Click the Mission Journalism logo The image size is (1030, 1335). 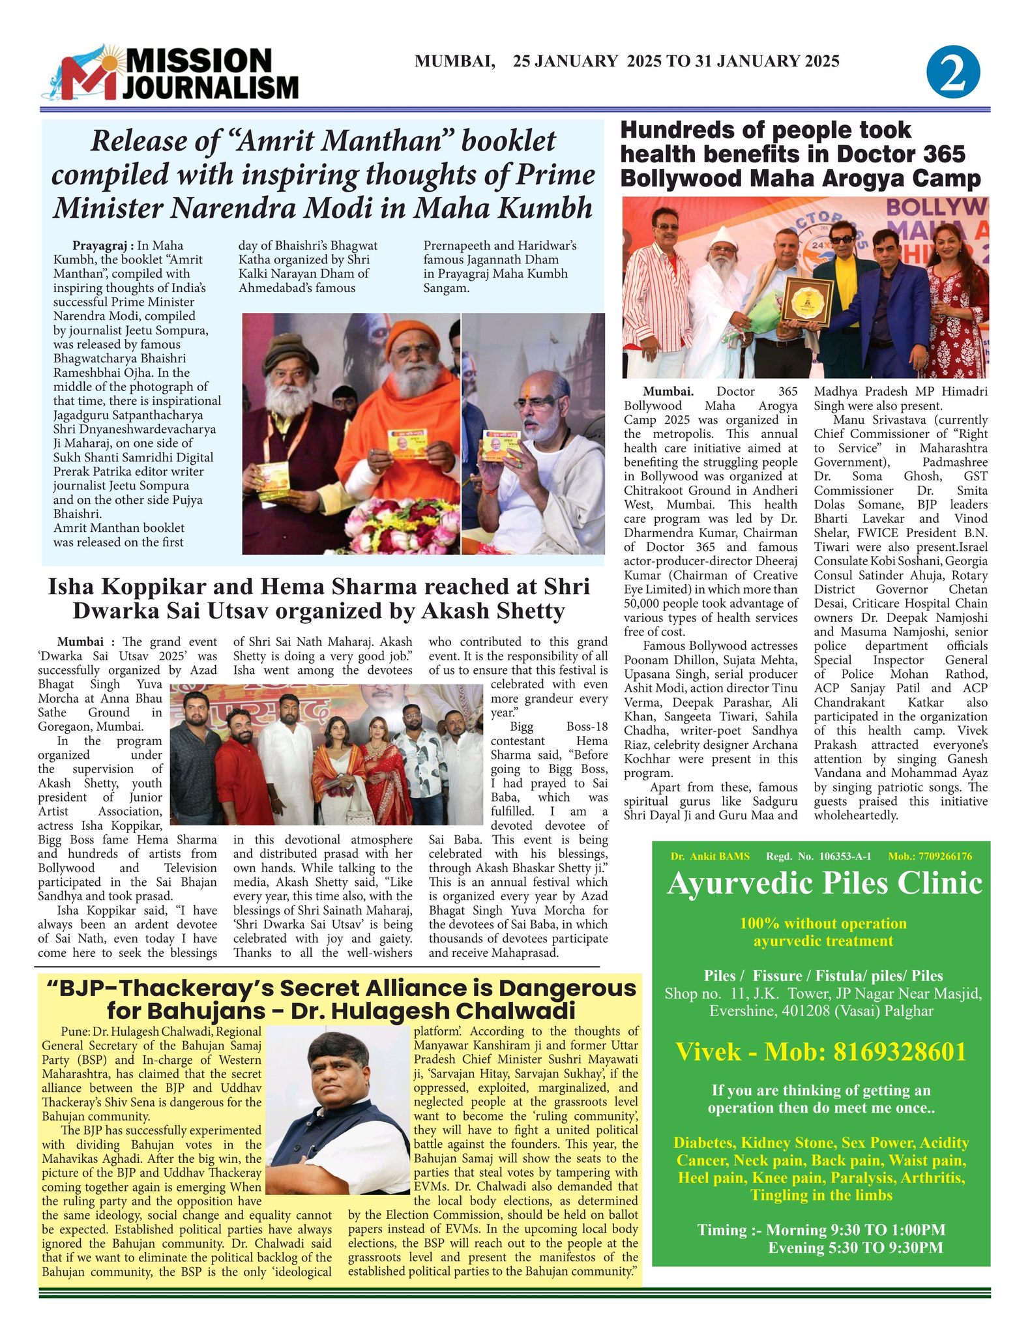(x=171, y=72)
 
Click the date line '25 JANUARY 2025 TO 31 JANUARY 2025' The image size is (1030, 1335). (x=676, y=61)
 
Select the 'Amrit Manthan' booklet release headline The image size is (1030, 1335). (x=323, y=175)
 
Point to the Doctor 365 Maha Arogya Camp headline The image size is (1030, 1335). (x=800, y=154)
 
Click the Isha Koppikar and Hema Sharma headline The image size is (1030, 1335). (x=319, y=598)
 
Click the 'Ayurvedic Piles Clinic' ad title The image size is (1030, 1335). (x=824, y=883)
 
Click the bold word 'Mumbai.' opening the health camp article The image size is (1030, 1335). (x=668, y=392)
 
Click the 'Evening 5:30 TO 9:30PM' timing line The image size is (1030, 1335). (x=855, y=1248)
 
